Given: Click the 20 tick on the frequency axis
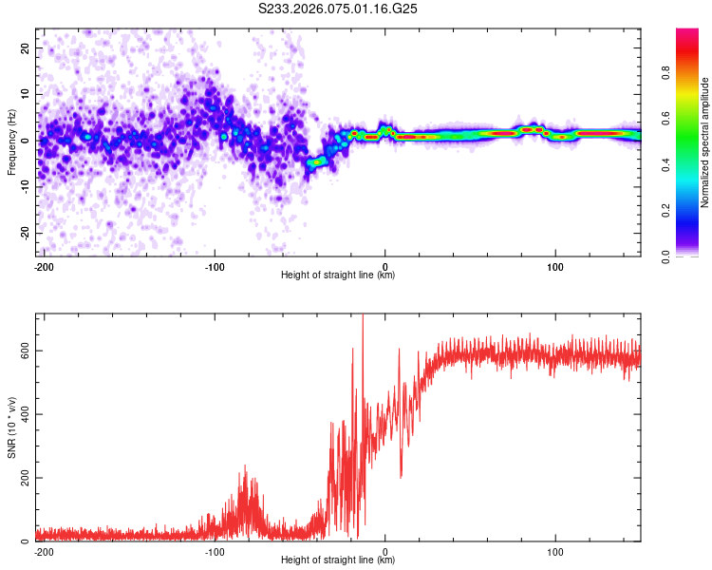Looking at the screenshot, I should point(26,47).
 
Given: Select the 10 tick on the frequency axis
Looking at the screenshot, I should point(26,94).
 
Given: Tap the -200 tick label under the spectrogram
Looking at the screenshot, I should point(43,266).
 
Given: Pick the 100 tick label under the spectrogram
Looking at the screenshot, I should point(555,266).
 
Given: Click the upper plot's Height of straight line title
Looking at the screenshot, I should point(338,275).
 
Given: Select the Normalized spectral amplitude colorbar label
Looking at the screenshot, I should point(705,142).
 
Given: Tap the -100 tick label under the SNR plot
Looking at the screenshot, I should point(214,551).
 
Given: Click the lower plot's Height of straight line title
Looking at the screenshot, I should point(338,560).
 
